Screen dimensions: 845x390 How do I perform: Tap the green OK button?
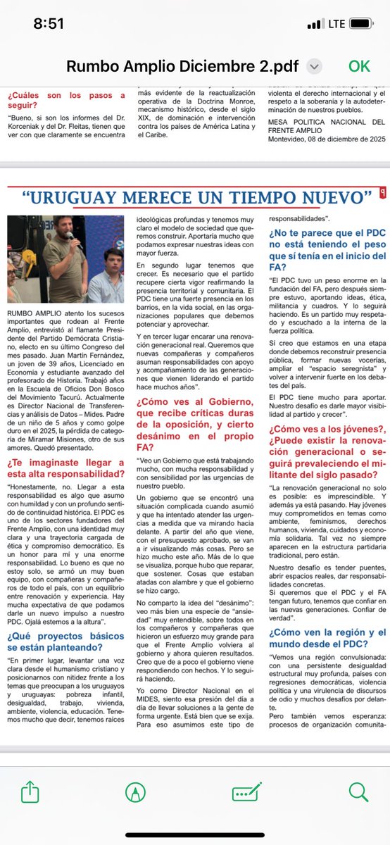click(359, 65)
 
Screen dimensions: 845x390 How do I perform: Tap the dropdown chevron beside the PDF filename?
click(315, 65)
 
